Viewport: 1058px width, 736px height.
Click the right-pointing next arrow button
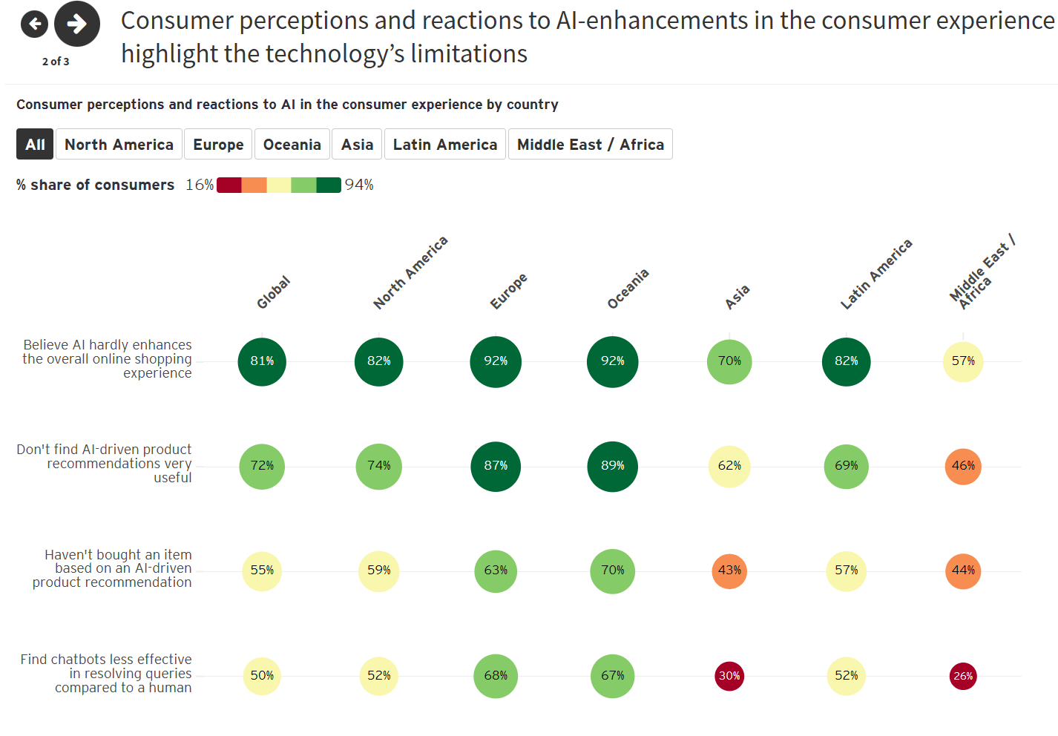point(76,24)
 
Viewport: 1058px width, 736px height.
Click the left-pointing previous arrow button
point(34,24)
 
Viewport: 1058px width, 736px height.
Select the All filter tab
point(35,145)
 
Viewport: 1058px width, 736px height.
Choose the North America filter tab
point(119,145)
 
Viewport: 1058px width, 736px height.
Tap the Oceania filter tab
point(292,145)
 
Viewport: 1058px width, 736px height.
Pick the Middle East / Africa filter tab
point(590,145)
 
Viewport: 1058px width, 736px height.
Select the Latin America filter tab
point(444,145)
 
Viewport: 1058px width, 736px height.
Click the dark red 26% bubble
point(963,676)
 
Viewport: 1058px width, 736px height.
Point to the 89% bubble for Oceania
point(612,466)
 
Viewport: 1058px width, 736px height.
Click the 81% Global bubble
point(262,361)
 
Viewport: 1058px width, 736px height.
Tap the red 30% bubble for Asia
point(729,676)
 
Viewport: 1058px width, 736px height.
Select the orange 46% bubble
point(963,466)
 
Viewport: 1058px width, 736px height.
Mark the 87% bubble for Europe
point(496,466)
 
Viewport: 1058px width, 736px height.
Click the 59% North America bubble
point(378,571)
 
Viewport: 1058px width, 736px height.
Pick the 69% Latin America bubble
point(846,466)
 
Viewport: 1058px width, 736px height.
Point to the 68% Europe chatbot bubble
point(496,676)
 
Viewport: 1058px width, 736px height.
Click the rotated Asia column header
point(737,297)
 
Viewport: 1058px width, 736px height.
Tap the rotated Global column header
point(273,292)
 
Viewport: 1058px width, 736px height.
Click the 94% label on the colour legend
point(359,185)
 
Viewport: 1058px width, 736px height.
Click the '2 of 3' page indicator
point(56,62)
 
